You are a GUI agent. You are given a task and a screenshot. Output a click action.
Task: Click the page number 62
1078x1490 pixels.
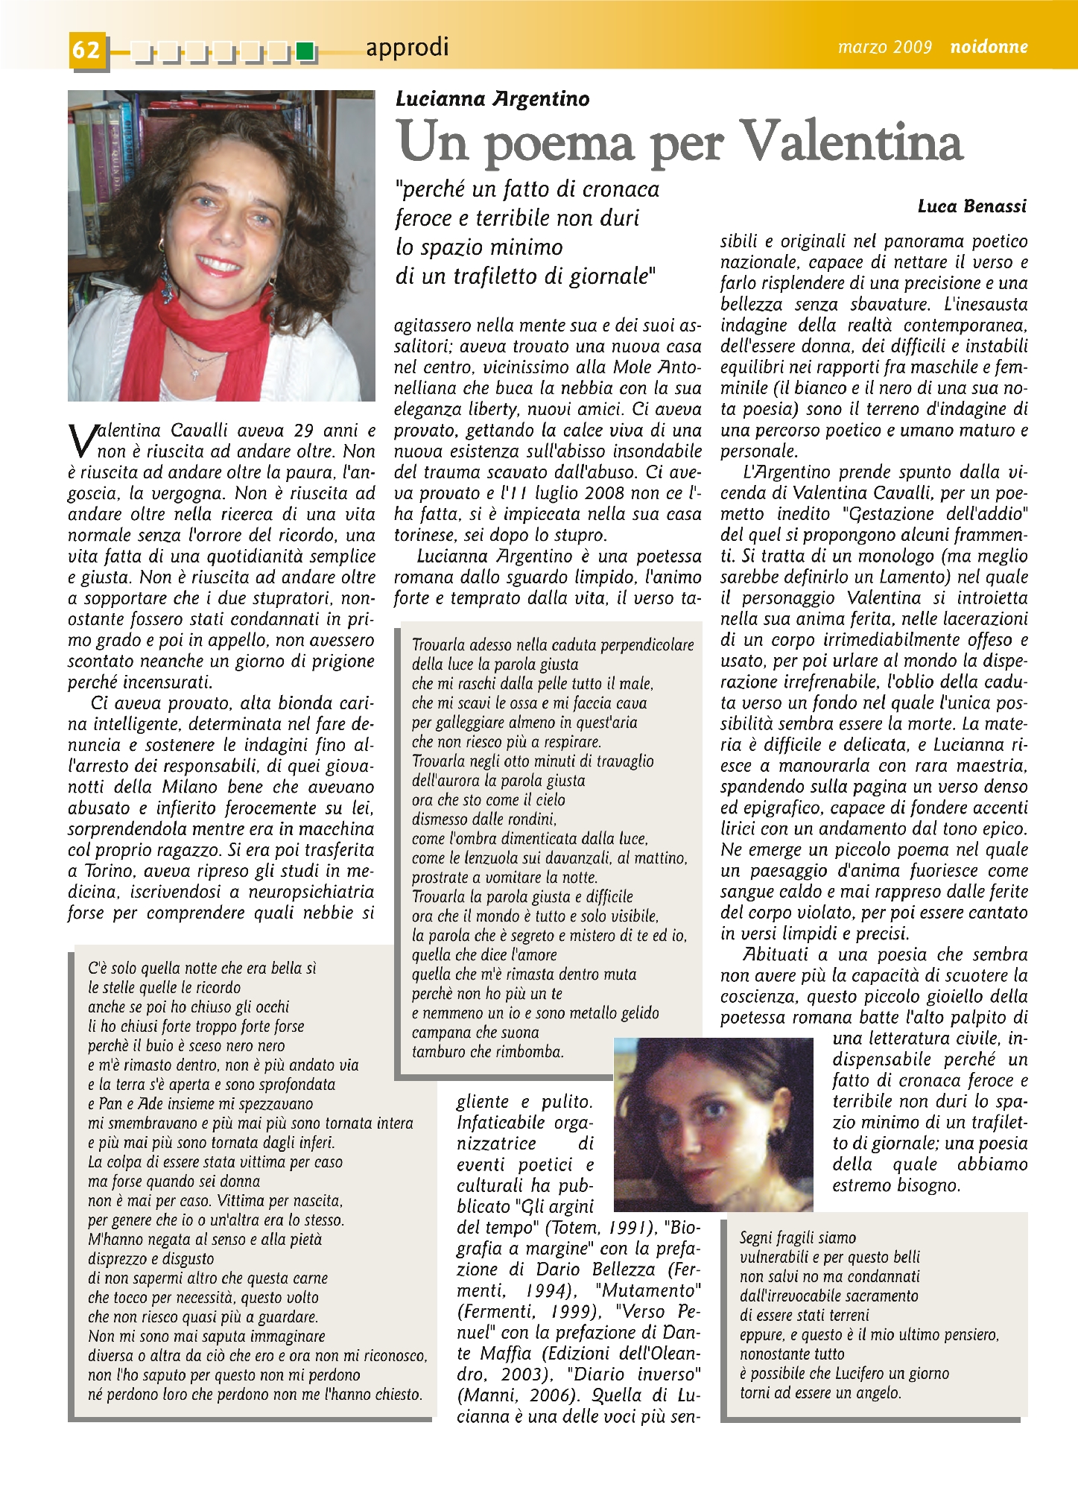click(86, 49)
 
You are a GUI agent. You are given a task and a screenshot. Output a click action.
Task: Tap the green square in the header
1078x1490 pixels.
click(304, 51)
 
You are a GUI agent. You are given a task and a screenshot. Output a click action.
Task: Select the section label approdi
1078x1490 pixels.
click(407, 48)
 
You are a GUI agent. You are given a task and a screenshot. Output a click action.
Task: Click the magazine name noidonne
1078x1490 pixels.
click(989, 47)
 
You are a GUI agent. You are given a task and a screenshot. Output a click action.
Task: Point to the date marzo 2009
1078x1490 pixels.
click(884, 48)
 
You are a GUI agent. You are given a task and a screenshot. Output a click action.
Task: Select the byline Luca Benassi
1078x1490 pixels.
click(971, 206)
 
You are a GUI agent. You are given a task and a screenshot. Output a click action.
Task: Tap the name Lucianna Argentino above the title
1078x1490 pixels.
click(492, 99)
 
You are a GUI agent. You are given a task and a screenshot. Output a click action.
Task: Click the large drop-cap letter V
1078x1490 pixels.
click(81, 440)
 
